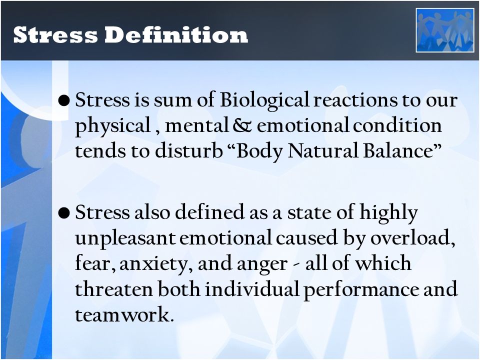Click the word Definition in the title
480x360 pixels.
176,34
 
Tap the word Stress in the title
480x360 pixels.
55,35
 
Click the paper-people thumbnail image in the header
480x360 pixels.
445,30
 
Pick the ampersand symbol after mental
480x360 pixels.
242,125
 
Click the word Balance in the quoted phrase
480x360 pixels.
398,151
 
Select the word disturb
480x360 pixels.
188,151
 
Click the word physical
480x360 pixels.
113,126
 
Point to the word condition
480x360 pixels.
397,125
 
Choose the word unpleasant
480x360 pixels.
125,238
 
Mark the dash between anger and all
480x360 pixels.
296,265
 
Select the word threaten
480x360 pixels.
114,288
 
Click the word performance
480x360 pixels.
361,290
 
